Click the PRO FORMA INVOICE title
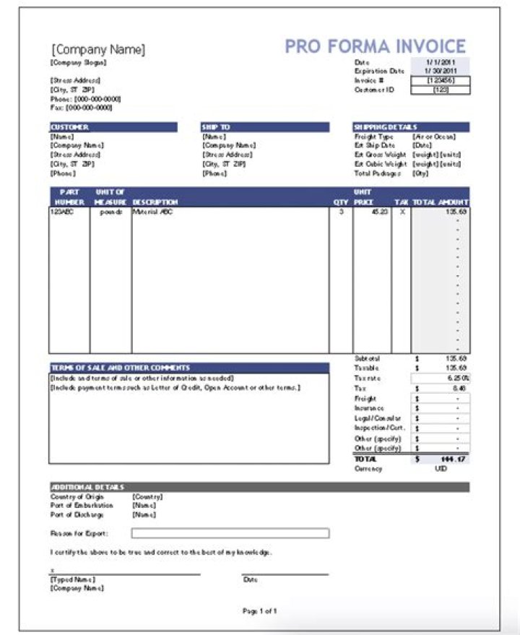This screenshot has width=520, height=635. click(x=375, y=46)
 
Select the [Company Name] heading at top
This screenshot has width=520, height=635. click(x=97, y=50)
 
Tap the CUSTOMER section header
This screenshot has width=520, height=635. click(x=69, y=127)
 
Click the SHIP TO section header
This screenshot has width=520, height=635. click(x=216, y=127)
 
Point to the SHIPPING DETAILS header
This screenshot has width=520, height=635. click(x=385, y=127)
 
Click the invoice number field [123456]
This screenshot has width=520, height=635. click(x=440, y=81)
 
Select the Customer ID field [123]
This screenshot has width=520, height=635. click(x=440, y=90)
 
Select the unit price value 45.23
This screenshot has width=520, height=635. click(x=378, y=212)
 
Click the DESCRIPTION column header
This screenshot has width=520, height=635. click(x=155, y=202)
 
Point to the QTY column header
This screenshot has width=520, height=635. click(x=340, y=202)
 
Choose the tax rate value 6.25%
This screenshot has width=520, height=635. click(x=457, y=378)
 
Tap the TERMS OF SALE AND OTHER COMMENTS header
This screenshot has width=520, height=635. click(x=120, y=368)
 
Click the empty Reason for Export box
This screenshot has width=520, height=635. click(x=230, y=533)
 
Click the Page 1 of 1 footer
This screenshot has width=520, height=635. click(x=259, y=611)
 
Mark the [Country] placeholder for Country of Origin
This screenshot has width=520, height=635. click(x=147, y=497)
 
